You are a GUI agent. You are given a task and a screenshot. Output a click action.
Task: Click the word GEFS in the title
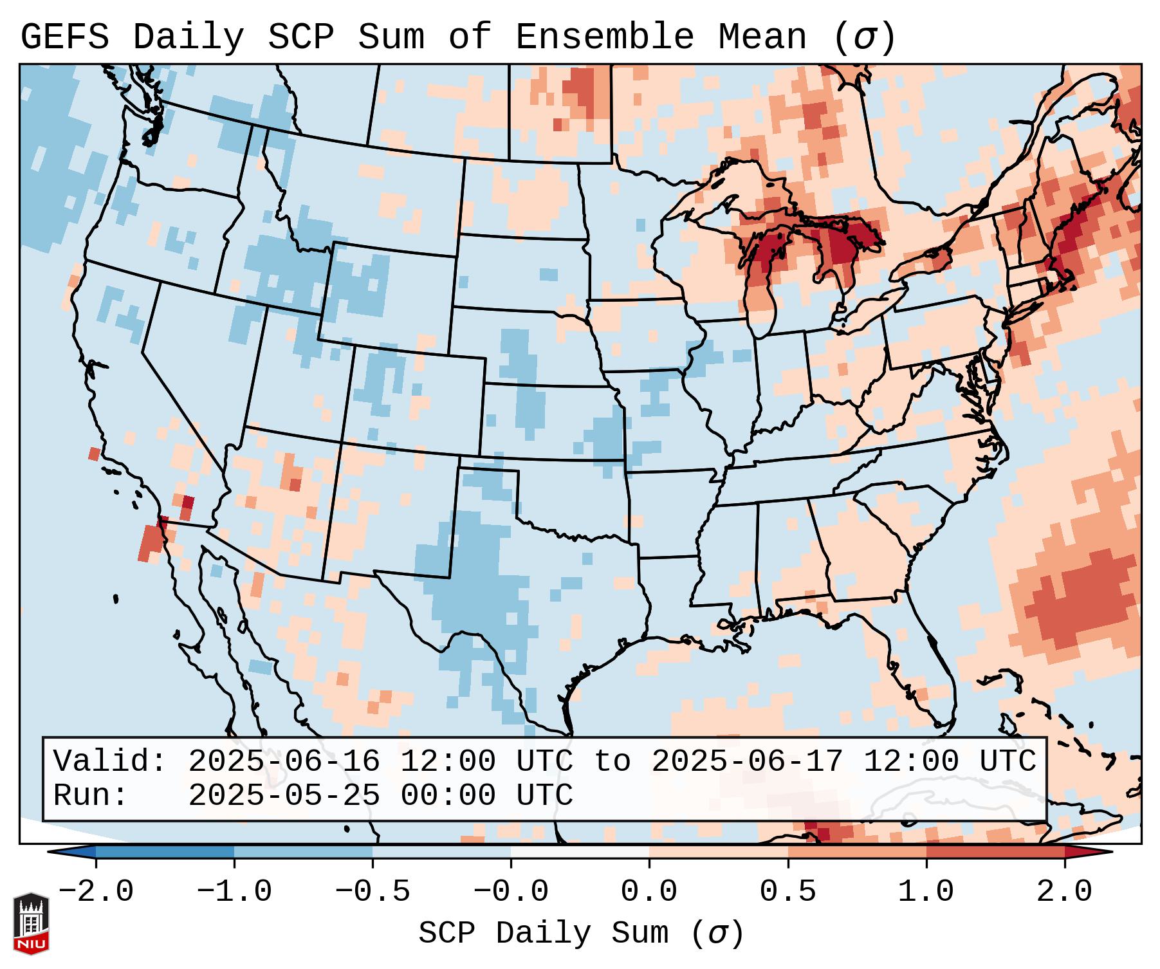(x=64, y=37)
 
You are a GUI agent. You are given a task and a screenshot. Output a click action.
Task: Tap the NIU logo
(x=31, y=923)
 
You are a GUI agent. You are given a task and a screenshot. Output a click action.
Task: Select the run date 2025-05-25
(x=284, y=796)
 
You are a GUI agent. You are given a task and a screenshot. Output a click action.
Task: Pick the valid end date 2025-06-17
(x=747, y=762)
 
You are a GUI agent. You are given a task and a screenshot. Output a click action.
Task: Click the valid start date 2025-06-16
(x=284, y=762)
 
